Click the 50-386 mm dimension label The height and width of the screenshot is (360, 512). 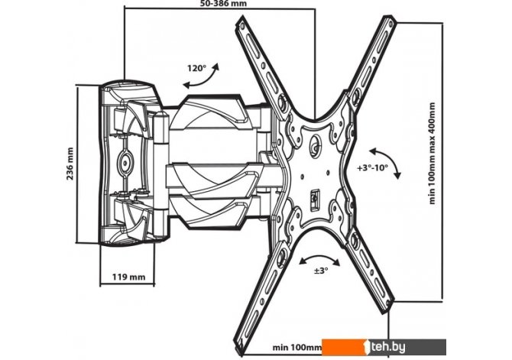(x=219, y=4)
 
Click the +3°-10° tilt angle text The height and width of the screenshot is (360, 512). (x=373, y=166)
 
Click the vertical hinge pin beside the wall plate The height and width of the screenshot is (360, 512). (x=161, y=167)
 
